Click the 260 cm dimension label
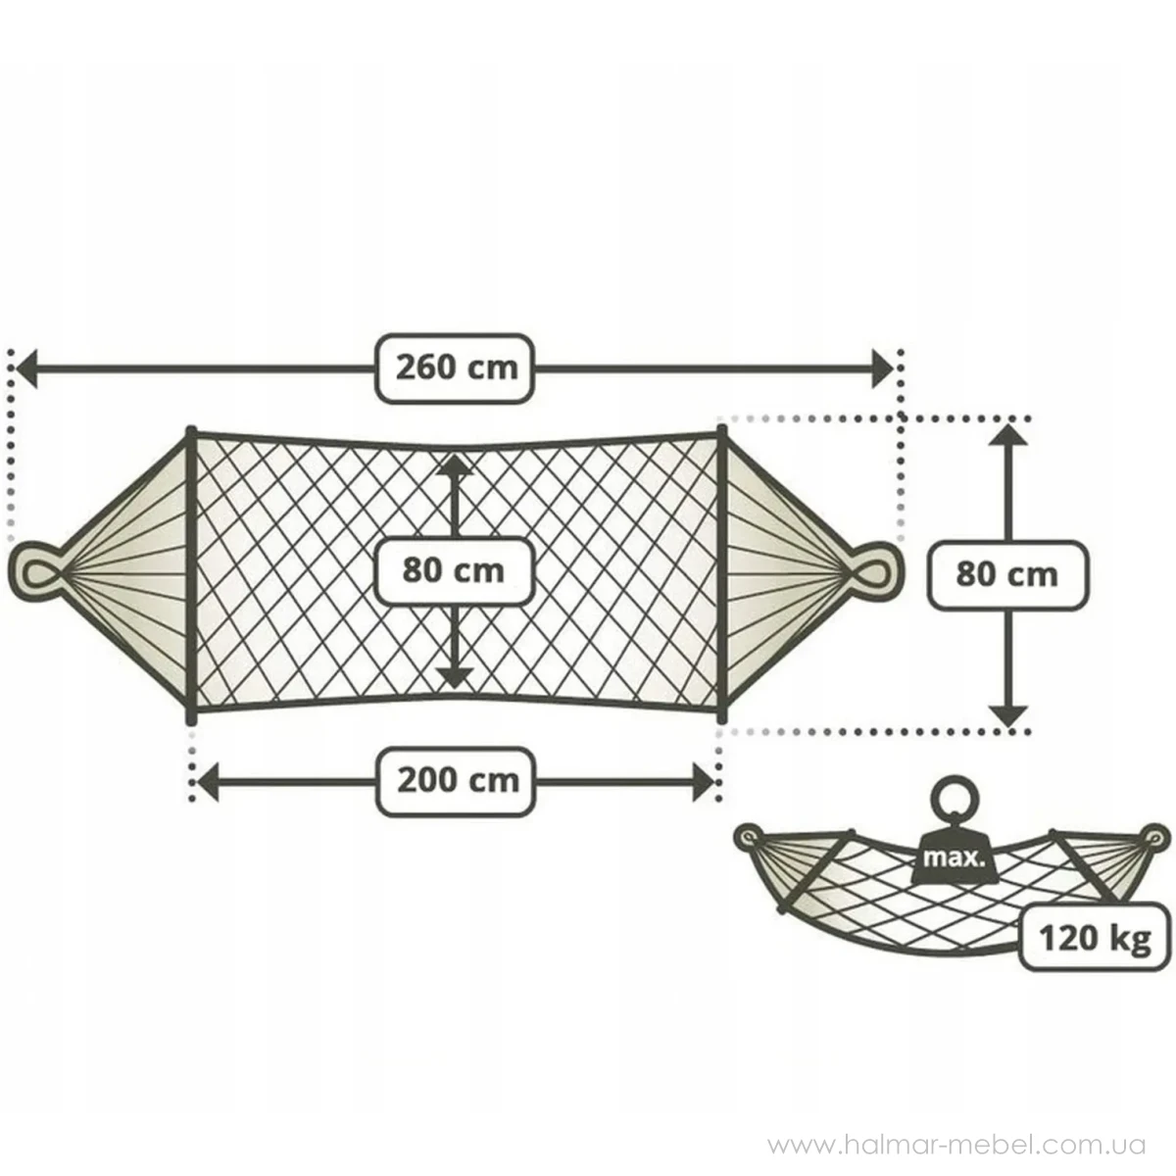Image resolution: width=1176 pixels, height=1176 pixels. tap(455, 368)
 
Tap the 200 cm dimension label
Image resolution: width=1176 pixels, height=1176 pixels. tap(456, 781)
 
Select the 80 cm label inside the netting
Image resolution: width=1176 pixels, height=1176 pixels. tap(453, 571)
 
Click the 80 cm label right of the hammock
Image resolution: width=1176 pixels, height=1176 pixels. tap(1007, 575)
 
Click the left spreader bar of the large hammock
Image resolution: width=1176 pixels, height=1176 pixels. tap(192, 574)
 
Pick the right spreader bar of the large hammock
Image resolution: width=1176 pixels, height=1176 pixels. tap(722, 574)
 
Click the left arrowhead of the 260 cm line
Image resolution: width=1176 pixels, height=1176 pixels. tap(26, 368)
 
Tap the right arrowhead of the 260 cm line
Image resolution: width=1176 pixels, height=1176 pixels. tap(883, 368)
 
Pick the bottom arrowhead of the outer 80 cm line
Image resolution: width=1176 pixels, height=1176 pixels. tap(1008, 715)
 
